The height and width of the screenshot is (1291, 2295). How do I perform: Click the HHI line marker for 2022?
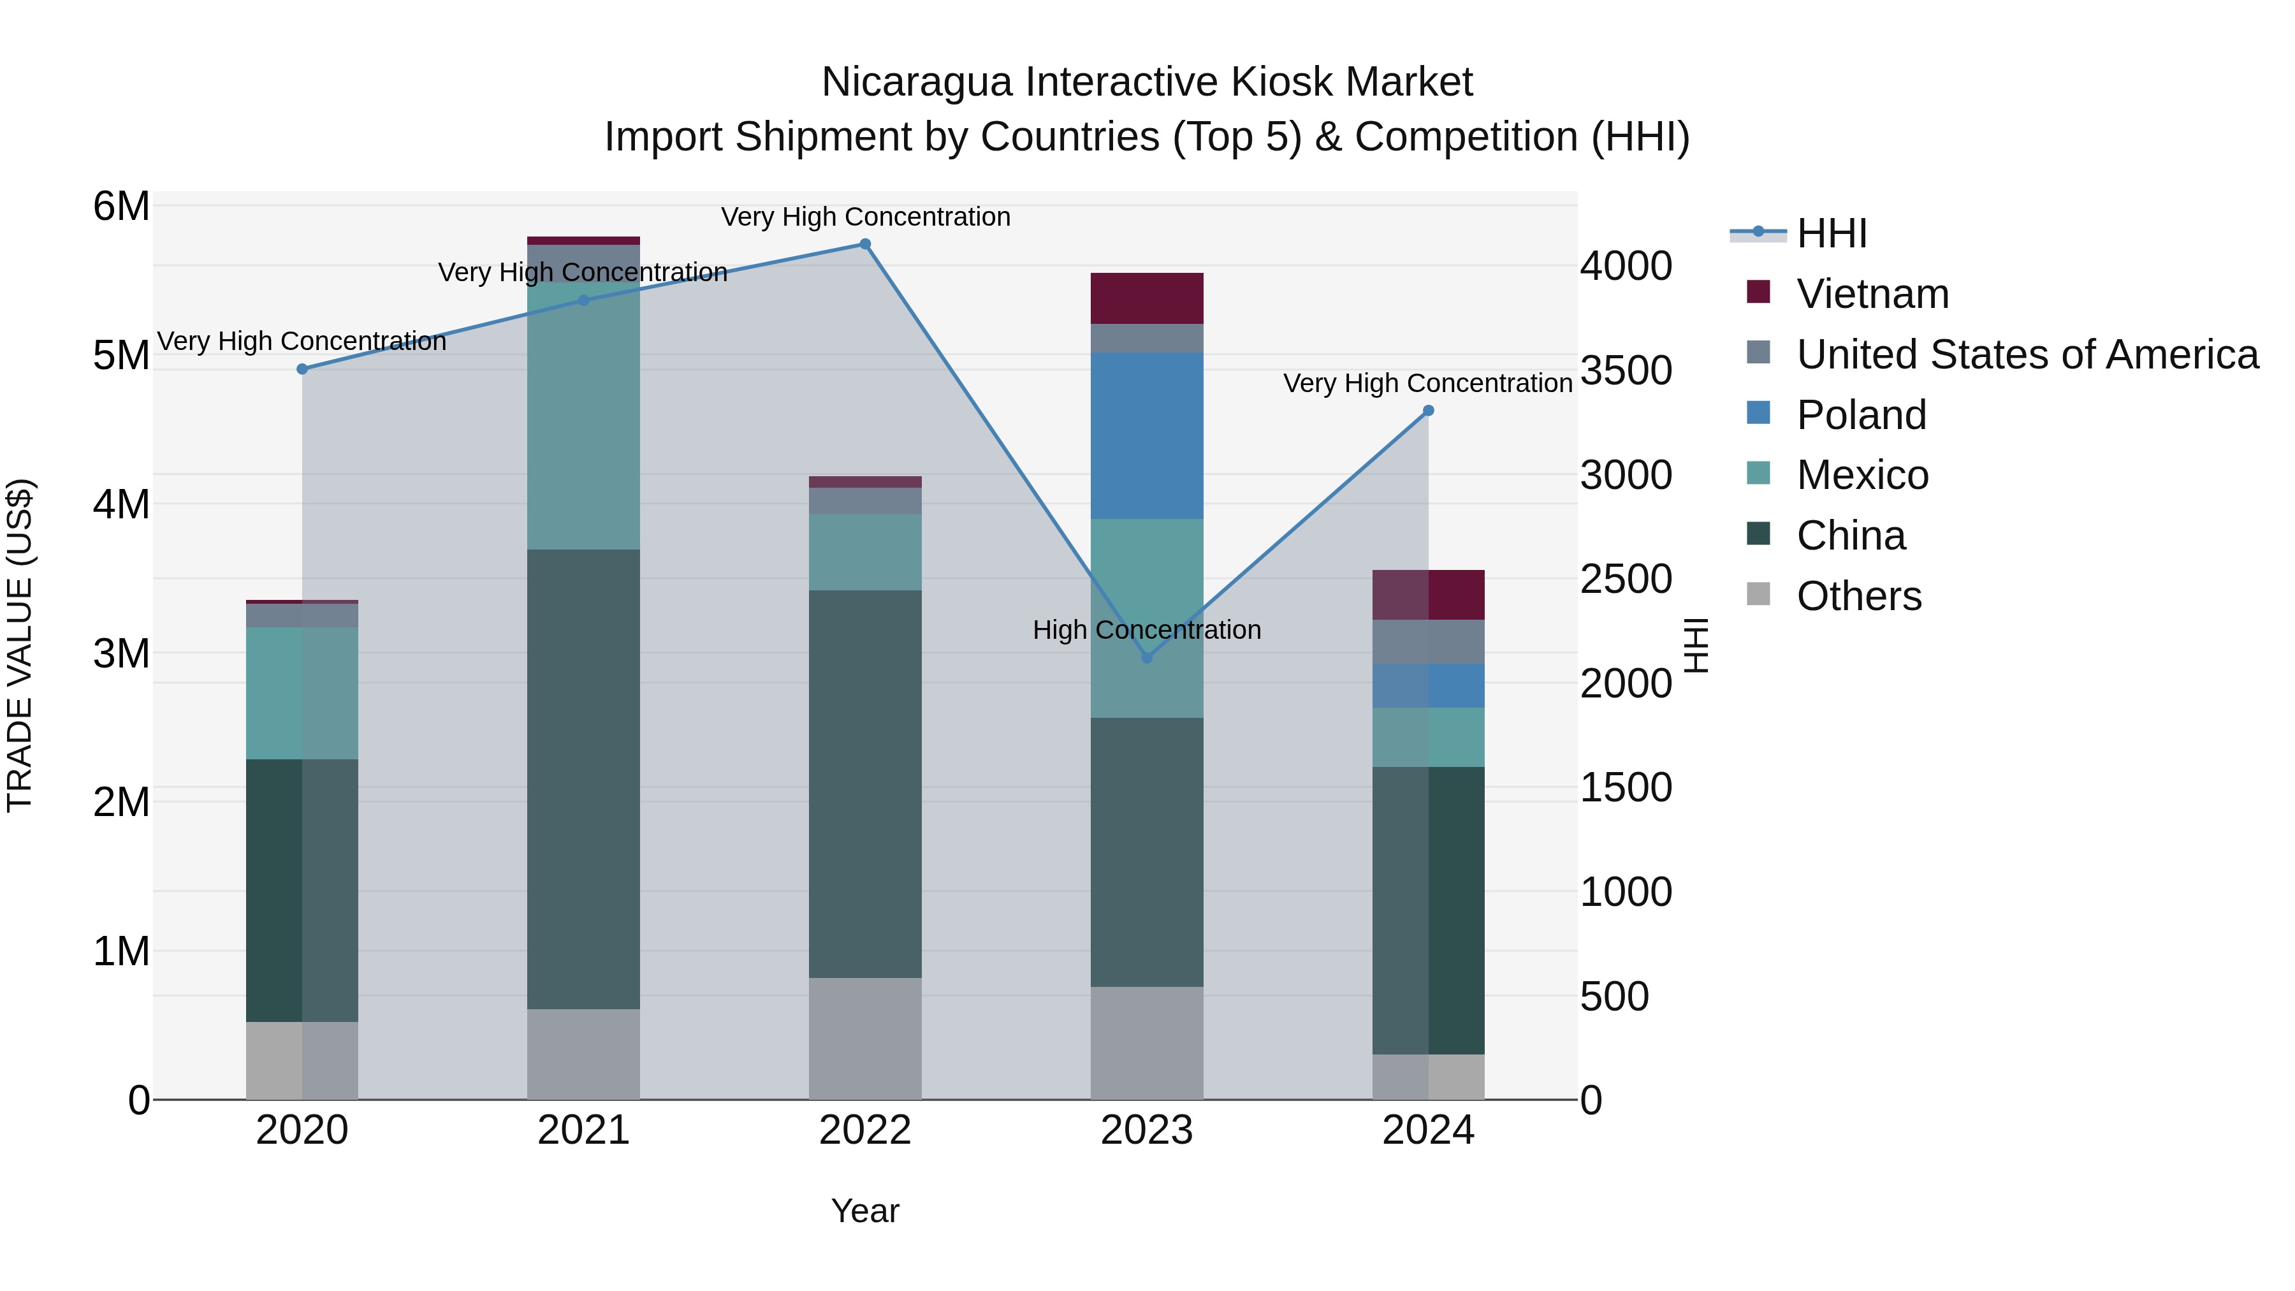pyautogui.click(x=865, y=244)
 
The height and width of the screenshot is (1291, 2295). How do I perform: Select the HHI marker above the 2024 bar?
pyautogui.click(x=1428, y=411)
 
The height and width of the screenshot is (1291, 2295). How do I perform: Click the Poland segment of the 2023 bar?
pyautogui.click(x=1147, y=435)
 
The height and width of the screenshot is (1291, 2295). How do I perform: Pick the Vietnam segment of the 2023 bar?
pyautogui.click(x=1147, y=298)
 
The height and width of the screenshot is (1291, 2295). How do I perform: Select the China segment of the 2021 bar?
pyautogui.click(x=583, y=780)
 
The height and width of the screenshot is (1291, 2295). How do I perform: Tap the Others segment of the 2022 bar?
pyautogui.click(x=865, y=1039)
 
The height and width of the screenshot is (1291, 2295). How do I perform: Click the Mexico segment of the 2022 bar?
pyautogui.click(x=865, y=551)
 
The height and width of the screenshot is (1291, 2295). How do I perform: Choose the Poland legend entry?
pyautogui.click(x=1861, y=415)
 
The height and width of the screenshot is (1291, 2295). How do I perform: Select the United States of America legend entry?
pyautogui.click(x=2027, y=354)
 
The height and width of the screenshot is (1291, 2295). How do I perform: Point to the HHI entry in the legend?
pyautogui.click(x=1832, y=233)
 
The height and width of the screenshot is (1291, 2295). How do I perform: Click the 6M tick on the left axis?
pyautogui.click(x=121, y=207)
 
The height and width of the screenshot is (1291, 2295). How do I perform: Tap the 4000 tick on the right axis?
pyautogui.click(x=1626, y=266)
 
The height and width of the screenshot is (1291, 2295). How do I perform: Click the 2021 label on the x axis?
pyautogui.click(x=583, y=1130)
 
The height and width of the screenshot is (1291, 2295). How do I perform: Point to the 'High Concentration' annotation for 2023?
pyautogui.click(x=1147, y=630)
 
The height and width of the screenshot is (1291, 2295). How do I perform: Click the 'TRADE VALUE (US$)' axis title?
pyautogui.click(x=20, y=645)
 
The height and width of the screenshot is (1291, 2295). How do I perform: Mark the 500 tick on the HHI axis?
pyautogui.click(x=1614, y=997)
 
